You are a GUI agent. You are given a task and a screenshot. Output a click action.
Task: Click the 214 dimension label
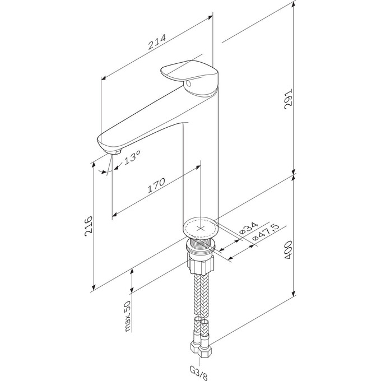pyautogui.click(x=157, y=41)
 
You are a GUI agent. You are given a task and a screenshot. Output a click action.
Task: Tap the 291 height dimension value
pyautogui.click(x=288, y=99)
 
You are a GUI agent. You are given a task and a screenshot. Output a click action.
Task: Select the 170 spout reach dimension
pyautogui.click(x=156, y=185)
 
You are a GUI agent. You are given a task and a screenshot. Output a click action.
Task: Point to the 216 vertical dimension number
pyautogui.click(x=89, y=226)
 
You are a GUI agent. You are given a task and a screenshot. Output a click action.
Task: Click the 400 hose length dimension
pyautogui.click(x=289, y=250)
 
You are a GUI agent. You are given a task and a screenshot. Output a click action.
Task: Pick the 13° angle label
pyautogui.click(x=132, y=157)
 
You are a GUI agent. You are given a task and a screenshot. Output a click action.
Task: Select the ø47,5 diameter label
pyautogui.click(x=266, y=232)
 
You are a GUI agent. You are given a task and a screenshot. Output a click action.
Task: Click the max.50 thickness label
pyautogui.click(x=127, y=317)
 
